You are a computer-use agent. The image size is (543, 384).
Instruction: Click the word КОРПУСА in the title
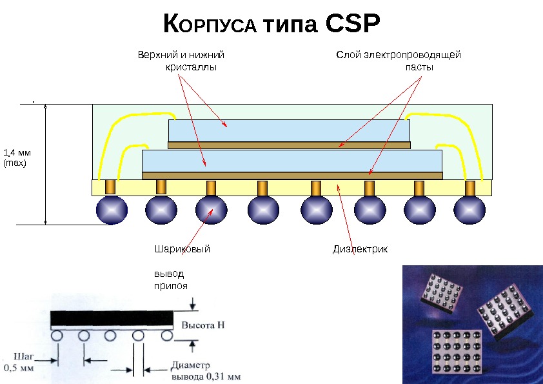210,26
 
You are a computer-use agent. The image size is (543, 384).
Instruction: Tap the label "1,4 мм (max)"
17,158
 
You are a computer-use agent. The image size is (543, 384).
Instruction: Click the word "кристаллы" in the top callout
191,66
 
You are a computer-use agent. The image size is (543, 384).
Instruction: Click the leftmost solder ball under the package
112,210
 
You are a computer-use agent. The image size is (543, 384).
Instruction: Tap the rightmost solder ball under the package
469,210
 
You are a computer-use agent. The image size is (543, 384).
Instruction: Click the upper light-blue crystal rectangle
289,130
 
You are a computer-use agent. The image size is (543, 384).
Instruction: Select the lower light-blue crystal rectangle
291,161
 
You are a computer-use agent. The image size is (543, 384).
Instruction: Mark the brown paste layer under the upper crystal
289,145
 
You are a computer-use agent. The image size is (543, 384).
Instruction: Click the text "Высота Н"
203,325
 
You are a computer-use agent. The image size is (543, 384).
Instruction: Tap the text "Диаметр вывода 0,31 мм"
204,370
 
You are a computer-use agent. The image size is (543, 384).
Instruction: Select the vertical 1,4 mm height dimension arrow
46,164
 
